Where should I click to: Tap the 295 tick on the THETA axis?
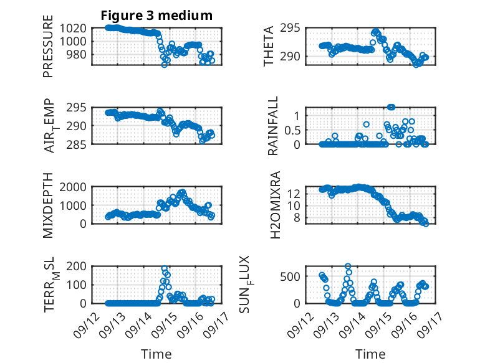[294, 28]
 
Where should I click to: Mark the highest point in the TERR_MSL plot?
[165, 269]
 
